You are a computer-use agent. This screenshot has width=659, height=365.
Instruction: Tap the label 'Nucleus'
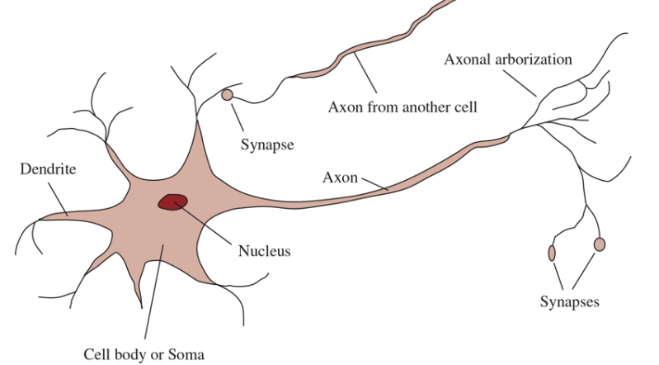point(264,250)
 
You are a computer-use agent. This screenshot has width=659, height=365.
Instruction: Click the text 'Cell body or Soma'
point(144,354)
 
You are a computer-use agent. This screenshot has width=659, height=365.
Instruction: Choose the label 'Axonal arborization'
point(507,59)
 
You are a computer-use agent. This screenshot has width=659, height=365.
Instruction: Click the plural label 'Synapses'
point(569,301)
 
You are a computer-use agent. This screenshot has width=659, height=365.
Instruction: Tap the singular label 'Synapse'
point(267,145)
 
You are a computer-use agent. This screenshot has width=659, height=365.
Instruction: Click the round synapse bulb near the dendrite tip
point(228,96)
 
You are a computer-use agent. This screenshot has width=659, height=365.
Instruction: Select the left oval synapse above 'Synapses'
point(551,252)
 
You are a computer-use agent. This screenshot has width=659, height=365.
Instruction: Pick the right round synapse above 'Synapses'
point(600,244)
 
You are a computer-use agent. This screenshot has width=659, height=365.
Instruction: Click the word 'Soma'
point(186,354)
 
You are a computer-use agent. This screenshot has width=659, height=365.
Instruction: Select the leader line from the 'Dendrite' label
point(57,197)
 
